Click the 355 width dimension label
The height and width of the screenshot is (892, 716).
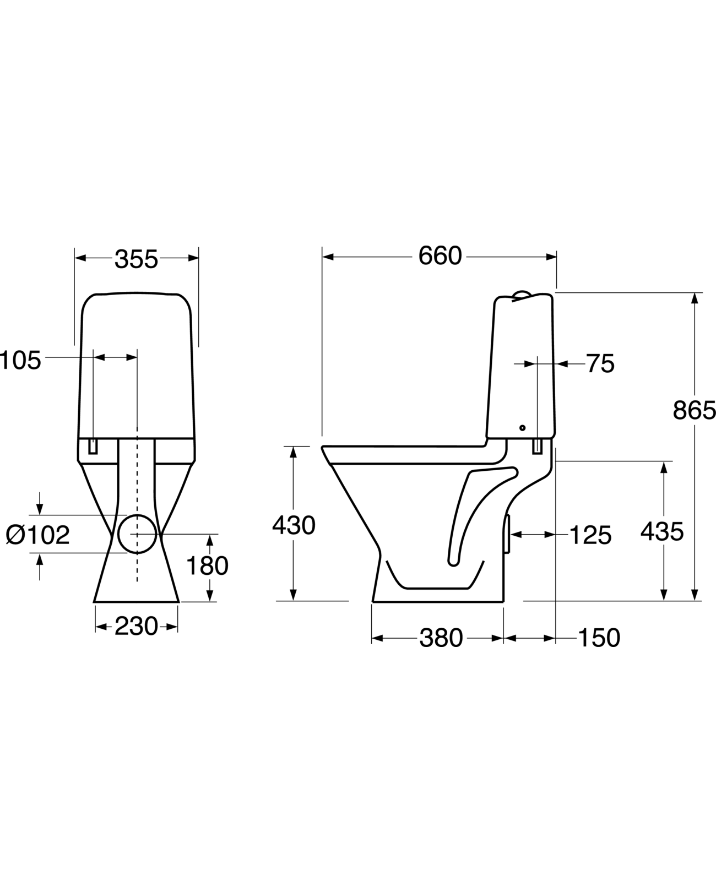point(136,259)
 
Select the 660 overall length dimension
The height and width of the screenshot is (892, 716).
point(440,256)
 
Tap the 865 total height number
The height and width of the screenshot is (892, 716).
point(694,410)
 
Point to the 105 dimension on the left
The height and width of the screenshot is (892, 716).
point(21,361)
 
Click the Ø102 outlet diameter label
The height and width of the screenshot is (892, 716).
point(37,535)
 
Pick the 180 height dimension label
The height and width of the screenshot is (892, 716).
point(207,566)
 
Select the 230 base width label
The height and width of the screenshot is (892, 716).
point(136,626)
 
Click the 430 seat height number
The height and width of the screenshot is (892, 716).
point(294,526)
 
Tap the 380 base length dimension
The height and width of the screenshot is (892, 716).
point(441,638)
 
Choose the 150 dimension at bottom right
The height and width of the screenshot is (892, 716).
point(599,638)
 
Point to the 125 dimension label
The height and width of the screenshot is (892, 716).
point(590,535)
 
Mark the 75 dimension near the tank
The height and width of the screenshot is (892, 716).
point(600,364)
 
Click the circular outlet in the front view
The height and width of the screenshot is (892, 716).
point(138,534)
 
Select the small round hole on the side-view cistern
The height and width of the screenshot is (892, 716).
point(522,428)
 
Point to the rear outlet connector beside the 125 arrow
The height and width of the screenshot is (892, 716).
point(507,534)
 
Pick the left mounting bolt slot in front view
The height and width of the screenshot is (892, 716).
point(94,446)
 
